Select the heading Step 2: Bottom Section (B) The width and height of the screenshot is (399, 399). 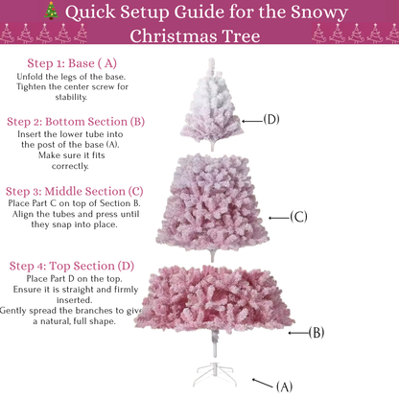tap(76, 122)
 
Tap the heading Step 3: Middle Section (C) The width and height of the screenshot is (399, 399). tap(75, 191)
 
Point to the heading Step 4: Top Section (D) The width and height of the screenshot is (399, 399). tap(72, 265)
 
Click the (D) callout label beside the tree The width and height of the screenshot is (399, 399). tap(271, 120)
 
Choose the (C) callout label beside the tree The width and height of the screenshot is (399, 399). tap(298, 217)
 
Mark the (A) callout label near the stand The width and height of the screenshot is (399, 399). tap(284, 387)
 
